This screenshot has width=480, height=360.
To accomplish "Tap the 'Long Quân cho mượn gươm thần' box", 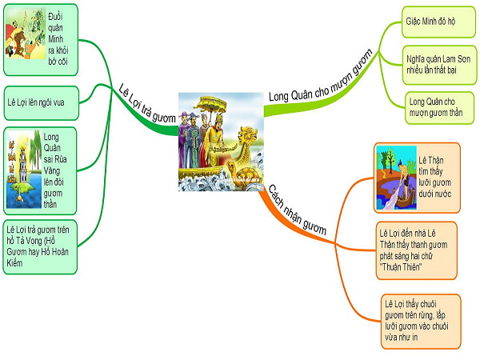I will tap(433, 107).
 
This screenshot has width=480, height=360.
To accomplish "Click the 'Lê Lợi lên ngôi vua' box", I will tap(40, 101).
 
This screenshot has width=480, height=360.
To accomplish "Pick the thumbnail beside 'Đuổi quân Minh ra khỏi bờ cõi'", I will tap(23, 34).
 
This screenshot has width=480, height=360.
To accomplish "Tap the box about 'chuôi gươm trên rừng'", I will tap(421, 319).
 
